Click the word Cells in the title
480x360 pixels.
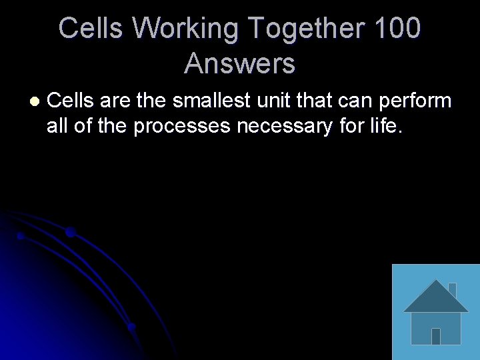pyautogui.click(x=91, y=29)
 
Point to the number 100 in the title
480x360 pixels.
pyautogui.click(x=397, y=29)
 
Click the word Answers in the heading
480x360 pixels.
pyautogui.click(x=240, y=63)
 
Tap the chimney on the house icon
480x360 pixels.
pyautogui.click(x=452, y=290)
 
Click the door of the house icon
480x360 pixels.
pyautogui.click(x=436, y=336)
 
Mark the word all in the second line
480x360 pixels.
pyautogui.click(x=58, y=125)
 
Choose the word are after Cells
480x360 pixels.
pyautogui.click(x=115, y=101)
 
